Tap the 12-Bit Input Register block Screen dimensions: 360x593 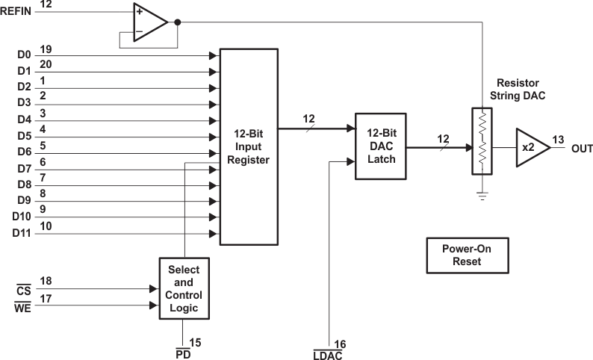tap(249, 146)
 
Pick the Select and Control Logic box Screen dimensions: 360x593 tap(184, 288)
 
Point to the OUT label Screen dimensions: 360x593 tap(581, 147)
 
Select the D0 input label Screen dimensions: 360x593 tap(23, 55)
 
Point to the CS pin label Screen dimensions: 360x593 tap(22, 288)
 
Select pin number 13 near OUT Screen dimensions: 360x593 tap(559, 140)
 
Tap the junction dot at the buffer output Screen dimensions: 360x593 tap(177, 21)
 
